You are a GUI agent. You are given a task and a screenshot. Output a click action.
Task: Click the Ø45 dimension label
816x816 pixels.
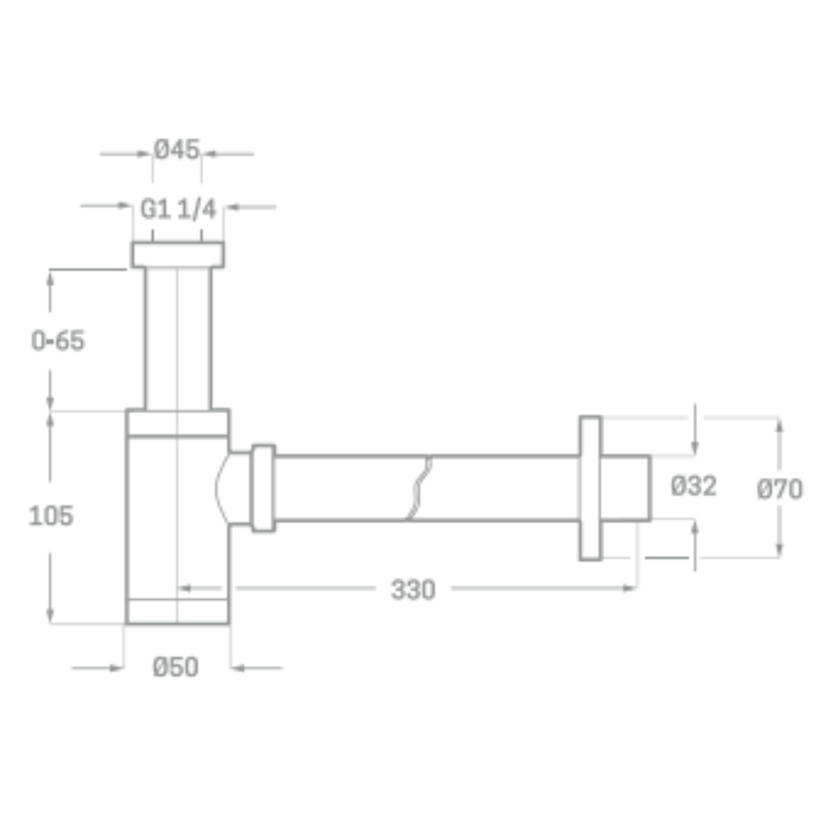point(176,150)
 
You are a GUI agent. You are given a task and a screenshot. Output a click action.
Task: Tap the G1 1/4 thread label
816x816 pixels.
point(178,209)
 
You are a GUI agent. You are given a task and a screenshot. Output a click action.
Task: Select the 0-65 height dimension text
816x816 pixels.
point(58,341)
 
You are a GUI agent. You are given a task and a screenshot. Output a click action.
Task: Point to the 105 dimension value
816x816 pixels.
point(51,515)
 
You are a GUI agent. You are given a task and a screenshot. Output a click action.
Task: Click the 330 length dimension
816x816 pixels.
point(413,590)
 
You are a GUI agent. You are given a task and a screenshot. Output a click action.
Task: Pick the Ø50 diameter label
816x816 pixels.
point(175,667)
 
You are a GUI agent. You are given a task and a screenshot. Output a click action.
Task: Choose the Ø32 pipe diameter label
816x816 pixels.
point(694,486)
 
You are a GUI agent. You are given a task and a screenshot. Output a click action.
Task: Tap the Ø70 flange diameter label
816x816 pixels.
point(779,489)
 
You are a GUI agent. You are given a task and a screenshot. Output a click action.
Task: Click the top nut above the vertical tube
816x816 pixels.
point(178,254)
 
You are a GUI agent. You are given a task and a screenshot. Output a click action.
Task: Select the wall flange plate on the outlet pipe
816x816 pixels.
point(590,488)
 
